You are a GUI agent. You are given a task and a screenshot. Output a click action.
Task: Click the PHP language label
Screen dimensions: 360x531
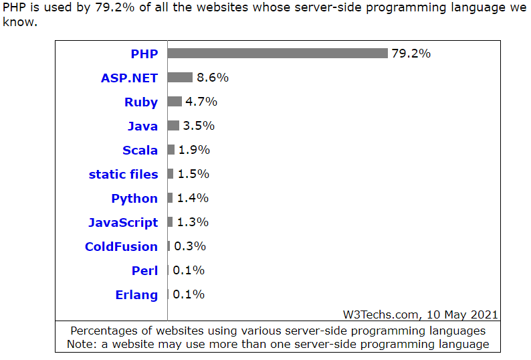tap(144, 54)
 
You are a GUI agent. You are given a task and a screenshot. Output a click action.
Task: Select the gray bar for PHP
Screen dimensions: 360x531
tap(278, 54)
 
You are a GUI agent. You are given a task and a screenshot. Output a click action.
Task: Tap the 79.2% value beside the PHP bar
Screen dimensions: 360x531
tap(411, 54)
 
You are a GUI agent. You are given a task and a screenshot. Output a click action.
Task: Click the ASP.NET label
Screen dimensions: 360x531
tap(129, 78)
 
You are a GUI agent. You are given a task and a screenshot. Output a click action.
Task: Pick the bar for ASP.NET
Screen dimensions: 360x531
tap(180, 78)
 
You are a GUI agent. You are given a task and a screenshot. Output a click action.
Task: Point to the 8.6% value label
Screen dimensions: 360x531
tap(213, 78)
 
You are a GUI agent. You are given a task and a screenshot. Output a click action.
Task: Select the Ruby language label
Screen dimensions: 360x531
tap(141, 102)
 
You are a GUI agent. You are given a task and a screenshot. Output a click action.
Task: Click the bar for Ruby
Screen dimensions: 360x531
tap(175, 102)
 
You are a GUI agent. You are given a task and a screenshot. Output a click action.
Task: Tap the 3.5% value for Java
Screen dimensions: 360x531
tap(199, 126)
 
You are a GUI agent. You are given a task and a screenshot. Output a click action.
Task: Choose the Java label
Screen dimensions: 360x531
tap(142, 126)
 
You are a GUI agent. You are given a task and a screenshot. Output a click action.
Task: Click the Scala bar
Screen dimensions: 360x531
tap(171, 150)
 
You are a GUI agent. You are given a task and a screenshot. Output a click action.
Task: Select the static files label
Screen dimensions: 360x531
tap(123, 174)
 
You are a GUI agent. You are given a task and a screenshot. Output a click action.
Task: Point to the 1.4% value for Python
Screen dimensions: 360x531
tap(193, 198)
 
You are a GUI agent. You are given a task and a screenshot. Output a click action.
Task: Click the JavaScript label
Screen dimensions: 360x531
tap(123, 222)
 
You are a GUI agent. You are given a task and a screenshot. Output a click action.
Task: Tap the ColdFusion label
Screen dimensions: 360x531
tap(121, 246)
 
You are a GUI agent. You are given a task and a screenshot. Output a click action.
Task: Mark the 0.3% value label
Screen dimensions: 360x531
tap(190, 246)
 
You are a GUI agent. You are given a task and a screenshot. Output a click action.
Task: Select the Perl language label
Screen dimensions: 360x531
tap(144, 270)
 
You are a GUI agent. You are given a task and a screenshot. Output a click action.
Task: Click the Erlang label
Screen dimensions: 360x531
tap(136, 294)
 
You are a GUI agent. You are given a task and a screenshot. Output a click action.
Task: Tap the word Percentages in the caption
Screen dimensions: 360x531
tap(105, 331)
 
